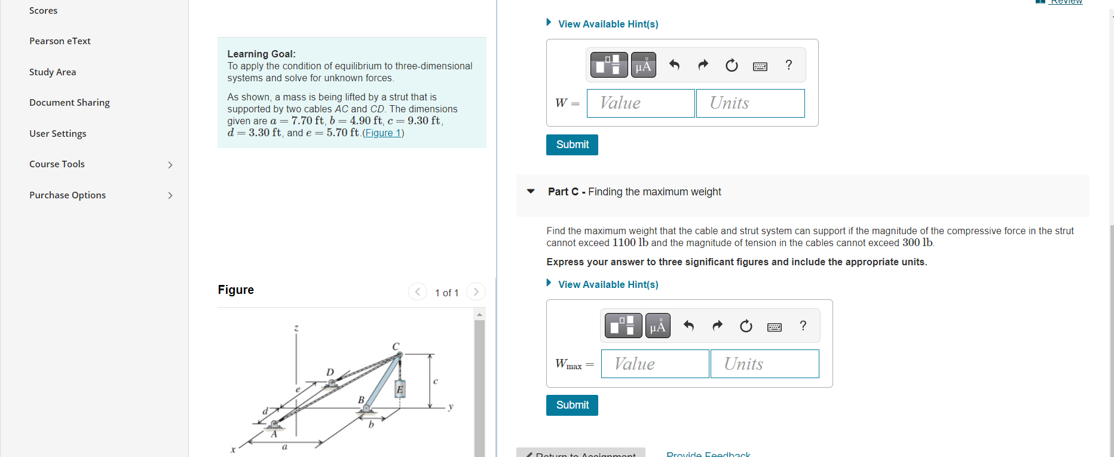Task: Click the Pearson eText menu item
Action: tap(60, 41)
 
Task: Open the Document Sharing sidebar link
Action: tap(69, 103)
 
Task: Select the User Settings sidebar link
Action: tap(57, 134)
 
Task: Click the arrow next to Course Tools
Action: tap(170, 165)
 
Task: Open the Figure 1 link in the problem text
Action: tap(382, 133)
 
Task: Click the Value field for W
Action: tap(640, 103)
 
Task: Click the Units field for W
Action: tap(750, 103)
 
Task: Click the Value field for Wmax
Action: tap(654, 364)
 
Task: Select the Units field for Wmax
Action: tap(764, 364)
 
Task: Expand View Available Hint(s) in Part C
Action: tap(608, 284)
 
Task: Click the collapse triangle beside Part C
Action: tap(531, 192)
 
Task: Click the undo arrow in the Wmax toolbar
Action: tap(688, 326)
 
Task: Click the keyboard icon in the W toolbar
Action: tap(760, 66)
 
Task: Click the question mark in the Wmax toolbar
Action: tap(803, 326)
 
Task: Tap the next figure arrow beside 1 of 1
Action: tap(476, 292)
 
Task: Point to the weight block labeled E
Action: tap(400, 389)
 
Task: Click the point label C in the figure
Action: tap(396, 346)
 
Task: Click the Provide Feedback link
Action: tap(708, 453)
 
